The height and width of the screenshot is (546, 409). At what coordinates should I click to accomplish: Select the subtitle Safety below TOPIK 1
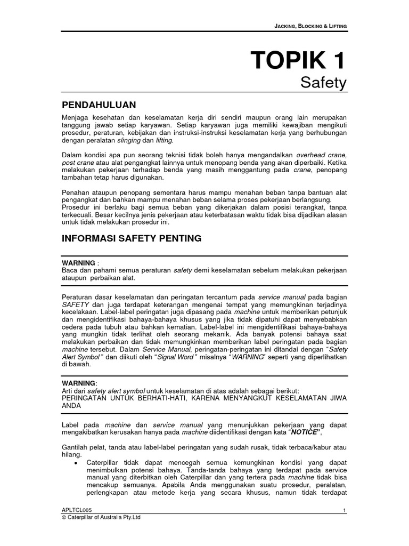click(x=323, y=83)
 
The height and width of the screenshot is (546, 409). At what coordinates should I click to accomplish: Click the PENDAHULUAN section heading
click(x=99, y=104)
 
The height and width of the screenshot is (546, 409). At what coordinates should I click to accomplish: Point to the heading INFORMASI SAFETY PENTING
click(x=132, y=238)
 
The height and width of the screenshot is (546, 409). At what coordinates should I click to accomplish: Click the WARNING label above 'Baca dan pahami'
click(x=79, y=263)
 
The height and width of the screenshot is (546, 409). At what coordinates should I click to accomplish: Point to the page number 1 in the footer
click(x=345, y=511)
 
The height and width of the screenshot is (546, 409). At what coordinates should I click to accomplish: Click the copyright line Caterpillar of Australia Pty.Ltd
click(x=102, y=517)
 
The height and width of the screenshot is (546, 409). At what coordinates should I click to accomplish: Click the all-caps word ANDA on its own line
click(x=72, y=405)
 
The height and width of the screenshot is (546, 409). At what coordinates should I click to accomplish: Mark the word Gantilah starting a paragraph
click(x=77, y=448)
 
